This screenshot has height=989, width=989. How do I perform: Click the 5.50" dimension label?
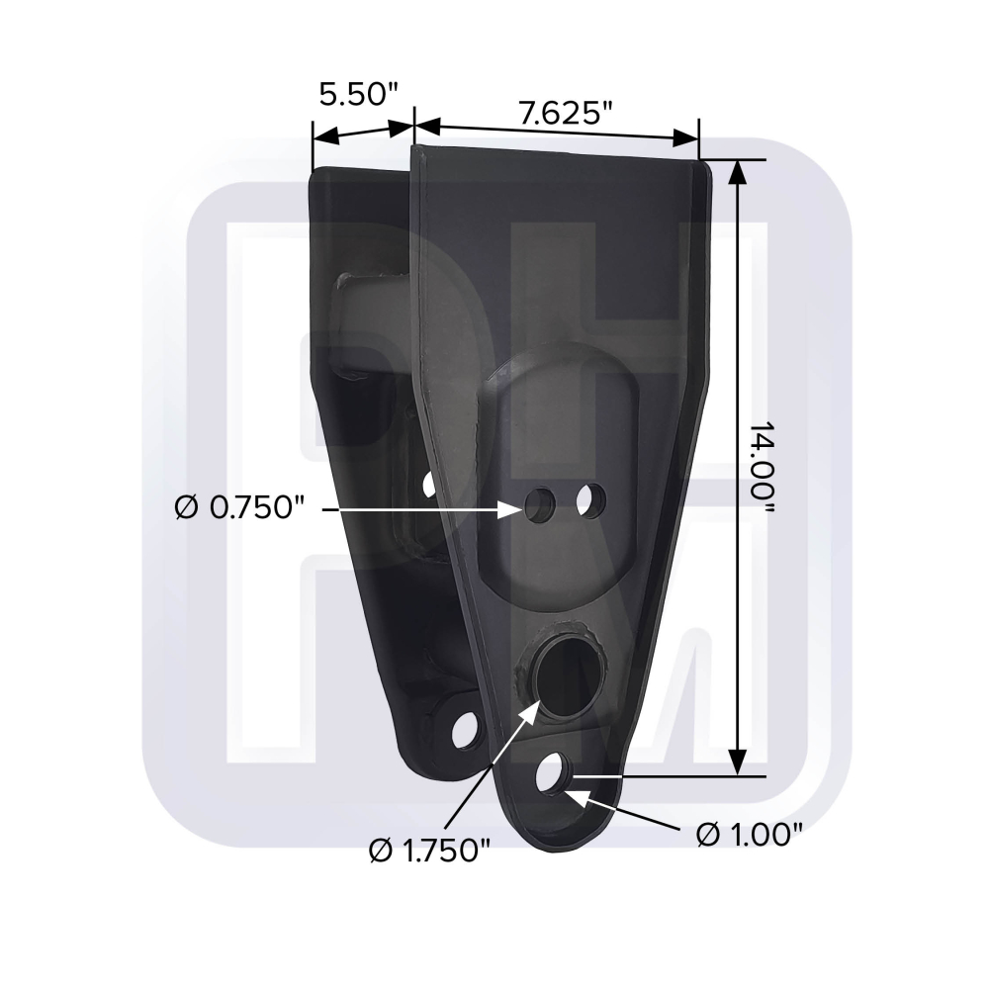tap(359, 95)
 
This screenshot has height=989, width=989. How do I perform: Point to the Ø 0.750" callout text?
tap(239, 507)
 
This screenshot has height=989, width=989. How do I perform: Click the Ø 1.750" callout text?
tap(429, 852)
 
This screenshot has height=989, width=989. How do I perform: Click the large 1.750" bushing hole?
tap(564, 676)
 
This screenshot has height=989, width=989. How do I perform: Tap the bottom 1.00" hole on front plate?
tap(552, 772)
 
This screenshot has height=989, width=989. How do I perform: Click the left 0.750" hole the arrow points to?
tap(539, 504)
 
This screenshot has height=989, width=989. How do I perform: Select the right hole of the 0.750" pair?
tap(591, 499)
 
